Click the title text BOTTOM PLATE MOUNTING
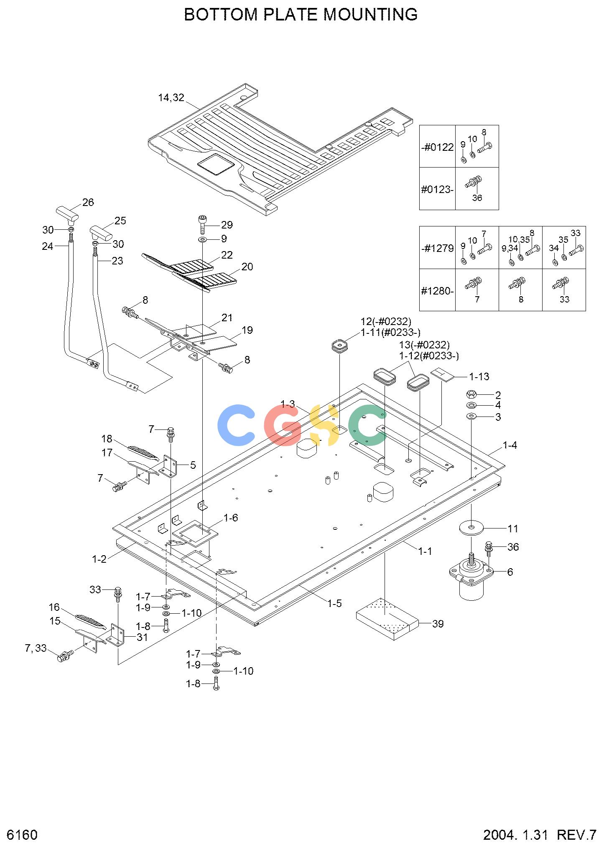click(301, 15)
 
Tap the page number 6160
click(23, 835)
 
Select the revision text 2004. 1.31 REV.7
click(540, 835)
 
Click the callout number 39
click(438, 624)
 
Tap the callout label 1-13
click(479, 376)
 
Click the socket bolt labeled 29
click(202, 225)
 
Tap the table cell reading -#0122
click(437, 147)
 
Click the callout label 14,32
click(171, 98)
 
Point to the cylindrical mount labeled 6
click(471, 577)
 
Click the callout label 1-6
click(231, 518)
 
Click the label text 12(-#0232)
click(386, 322)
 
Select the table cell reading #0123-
click(437, 189)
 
